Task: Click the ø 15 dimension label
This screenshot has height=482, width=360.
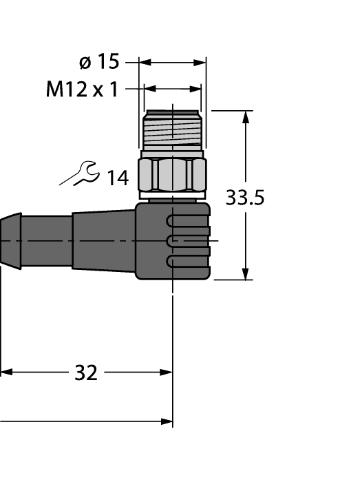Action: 99,62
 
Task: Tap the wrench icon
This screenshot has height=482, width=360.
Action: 79,174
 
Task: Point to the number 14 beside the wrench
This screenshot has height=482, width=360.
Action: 117,178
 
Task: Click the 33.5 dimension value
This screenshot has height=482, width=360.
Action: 245,198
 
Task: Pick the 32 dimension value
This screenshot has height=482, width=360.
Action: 86,373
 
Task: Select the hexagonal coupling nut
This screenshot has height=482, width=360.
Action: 172,176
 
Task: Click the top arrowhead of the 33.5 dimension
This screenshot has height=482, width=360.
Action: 244,116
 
